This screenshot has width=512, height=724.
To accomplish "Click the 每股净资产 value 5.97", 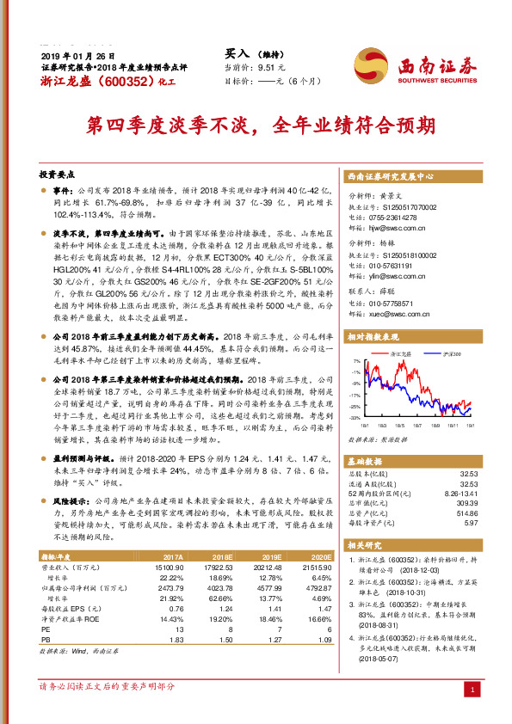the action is click(470, 523).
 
